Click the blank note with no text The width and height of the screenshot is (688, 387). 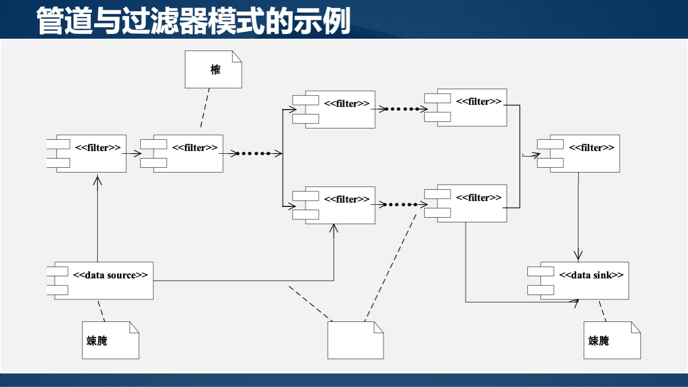pyautogui.click(x=355, y=340)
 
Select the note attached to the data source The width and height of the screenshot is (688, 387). pyautogui.click(x=110, y=340)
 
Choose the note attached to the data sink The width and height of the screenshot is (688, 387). pyautogui.click(x=612, y=340)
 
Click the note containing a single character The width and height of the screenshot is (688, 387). pyautogui.click(x=213, y=69)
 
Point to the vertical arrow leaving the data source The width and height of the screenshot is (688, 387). pyautogui.click(x=97, y=220)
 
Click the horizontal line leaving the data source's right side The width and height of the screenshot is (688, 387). pyautogui.click(x=242, y=281)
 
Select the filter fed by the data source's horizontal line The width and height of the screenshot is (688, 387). pyautogui.click(x=339, y=205)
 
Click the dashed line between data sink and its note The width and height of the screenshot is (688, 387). pyautogui.click(x=604, y=311)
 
